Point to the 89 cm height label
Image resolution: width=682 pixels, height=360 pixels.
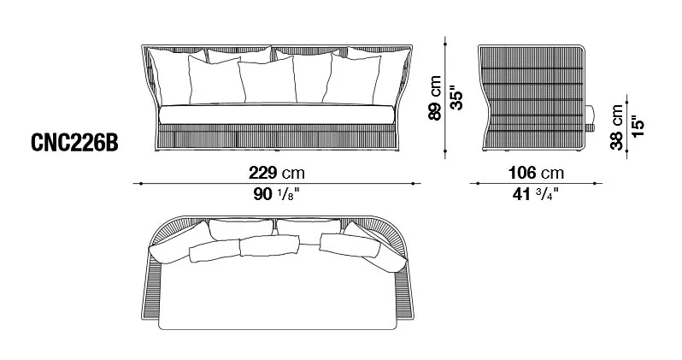click(x=437, y=98)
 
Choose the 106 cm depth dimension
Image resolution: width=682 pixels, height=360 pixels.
click(x=535, y=172)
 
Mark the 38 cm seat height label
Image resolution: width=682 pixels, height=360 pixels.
click(x=617, y=127)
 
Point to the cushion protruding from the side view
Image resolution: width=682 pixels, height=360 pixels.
click(x=588, y=121)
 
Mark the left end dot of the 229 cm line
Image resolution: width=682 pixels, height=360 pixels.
click(x=136, y=182)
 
